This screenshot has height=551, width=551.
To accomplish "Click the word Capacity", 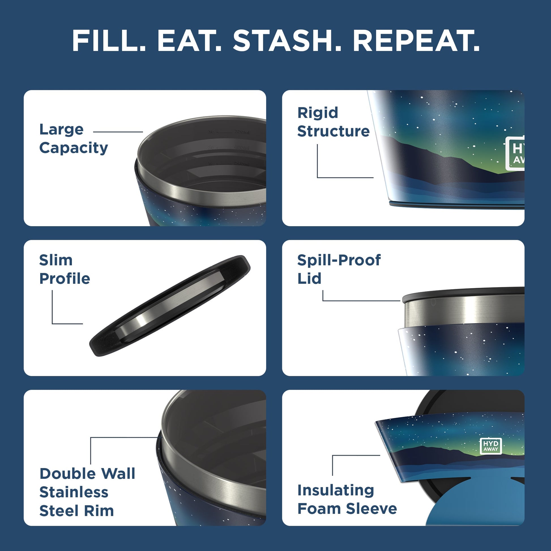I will pos(74,148).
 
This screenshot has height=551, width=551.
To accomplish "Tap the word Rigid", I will pos(318,113).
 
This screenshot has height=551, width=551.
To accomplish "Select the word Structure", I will pos(333,131).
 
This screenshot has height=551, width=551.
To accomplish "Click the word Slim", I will pos(56,260).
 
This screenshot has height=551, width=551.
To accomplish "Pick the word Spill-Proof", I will pos(339,260).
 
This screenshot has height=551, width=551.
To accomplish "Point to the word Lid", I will pos(309,279).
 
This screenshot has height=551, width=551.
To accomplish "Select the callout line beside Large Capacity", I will pos(118,132).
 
